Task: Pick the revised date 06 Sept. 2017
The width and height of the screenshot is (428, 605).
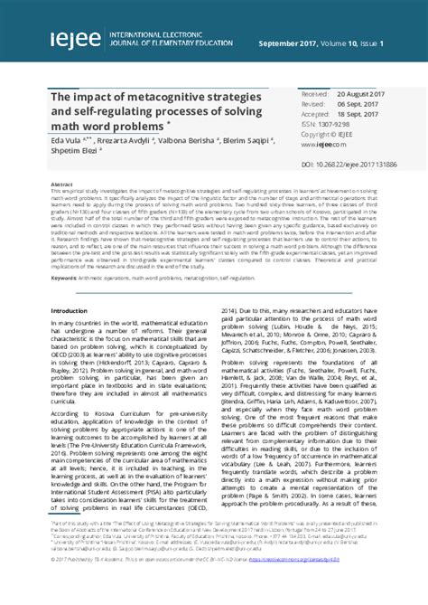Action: click(x=353, y=104)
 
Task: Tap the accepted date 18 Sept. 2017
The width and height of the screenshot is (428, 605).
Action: click(x=353, y=114)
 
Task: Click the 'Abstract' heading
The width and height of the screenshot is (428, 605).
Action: click(x=62, y=183)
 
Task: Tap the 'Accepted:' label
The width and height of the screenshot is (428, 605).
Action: click(x=314, y=114)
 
